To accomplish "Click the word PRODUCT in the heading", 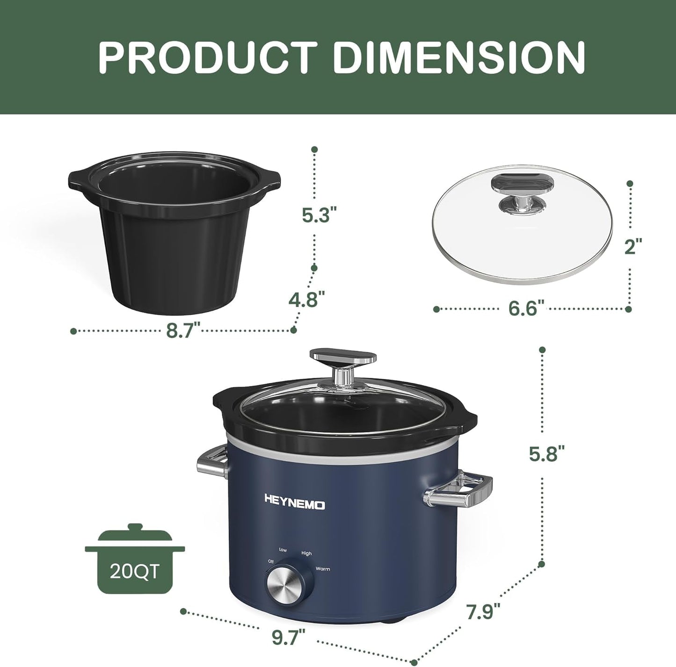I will [206, 57].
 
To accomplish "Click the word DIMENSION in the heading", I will [459, 57].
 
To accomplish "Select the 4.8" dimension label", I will [307, 299].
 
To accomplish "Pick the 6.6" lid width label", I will [527, 309].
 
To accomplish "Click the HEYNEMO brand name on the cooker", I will [295, 505].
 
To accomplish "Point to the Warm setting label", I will [322, 569].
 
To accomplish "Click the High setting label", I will [306, 553].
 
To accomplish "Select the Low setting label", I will [283, 550].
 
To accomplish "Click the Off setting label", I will [270, 561].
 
